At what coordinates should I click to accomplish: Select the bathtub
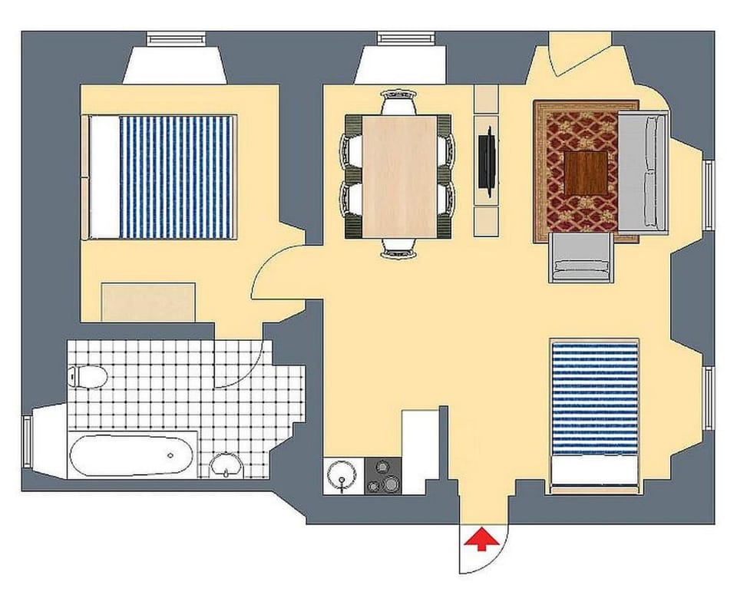132,455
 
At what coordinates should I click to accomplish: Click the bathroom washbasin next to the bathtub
226,464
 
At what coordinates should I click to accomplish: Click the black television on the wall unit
486,160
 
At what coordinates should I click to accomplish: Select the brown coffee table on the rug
586,173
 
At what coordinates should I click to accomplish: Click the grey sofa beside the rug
643,170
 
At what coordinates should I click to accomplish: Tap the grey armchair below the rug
581,257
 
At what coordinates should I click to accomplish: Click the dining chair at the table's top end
399,102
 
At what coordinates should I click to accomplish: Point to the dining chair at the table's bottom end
399,247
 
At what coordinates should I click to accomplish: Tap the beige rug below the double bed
148,302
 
